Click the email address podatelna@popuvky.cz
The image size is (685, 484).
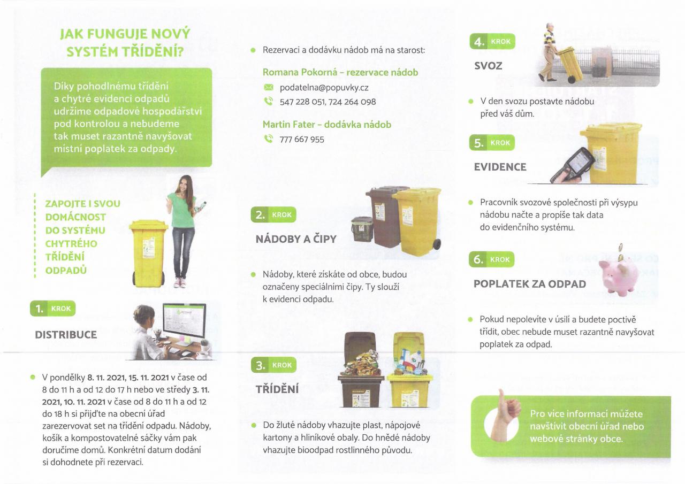[x=324, y=88]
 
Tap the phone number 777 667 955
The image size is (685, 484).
[x=301, y=140]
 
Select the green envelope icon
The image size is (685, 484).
[x=268, y=88]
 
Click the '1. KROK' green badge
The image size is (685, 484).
[x=52, y=308]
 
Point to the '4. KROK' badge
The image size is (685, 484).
[x=492, y=41]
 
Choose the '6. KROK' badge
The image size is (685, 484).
[x=491, y=259]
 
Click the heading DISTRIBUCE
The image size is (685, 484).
[x=66, y=335]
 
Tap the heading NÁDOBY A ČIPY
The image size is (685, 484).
[x=296, y=239]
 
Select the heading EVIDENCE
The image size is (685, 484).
[x=500, y=167]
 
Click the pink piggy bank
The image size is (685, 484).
[x=619, y=276]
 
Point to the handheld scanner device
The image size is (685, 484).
[x=573, y=165]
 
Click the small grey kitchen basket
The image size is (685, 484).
[x=362, y=229]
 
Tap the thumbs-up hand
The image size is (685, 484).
[x=506, y=416]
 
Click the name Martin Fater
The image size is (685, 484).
[x=288, y=125]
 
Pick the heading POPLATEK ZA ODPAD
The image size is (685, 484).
[x=530, y=284]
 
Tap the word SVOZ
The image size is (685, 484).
[x=488, y=66]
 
